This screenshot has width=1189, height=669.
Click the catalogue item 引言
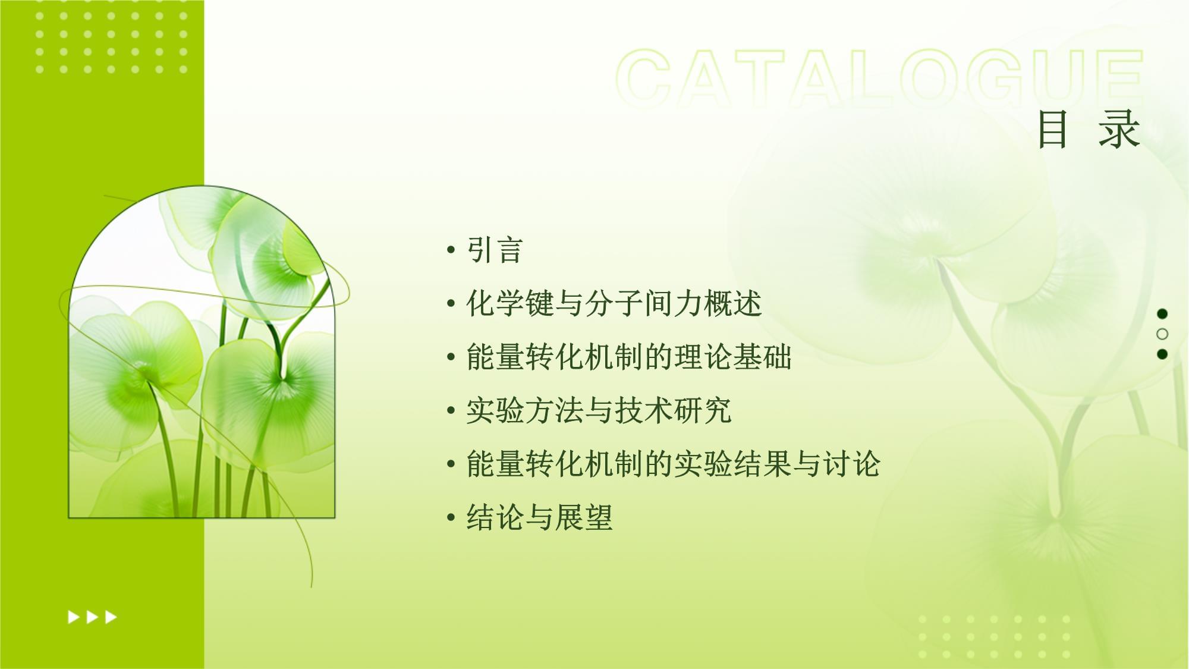(x=495, y=250)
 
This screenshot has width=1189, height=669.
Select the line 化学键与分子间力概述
(x=614, y=303)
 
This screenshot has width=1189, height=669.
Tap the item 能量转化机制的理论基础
(x=629, y=357)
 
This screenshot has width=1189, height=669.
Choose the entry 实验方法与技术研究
(x=599, y=410)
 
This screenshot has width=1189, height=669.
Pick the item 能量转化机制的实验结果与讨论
(x=673, y=464)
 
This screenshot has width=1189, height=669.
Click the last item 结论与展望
(x=539, y=517)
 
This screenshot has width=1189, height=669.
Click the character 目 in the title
(x=1052, y=129)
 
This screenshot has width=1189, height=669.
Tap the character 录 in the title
(x=1119, y=129)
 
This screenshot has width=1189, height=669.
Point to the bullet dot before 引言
(x=451, y=250)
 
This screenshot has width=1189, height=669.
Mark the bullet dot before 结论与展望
(x=451, y=518)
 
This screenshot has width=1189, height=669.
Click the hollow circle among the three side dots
(x=1162, y=334)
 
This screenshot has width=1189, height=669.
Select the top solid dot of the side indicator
(x=1162, y=313)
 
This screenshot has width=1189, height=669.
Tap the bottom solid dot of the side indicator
(x=1162, y=354)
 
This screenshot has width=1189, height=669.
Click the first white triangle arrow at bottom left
(x=74, y=617)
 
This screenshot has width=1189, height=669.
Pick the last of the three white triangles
(x=111, y=617)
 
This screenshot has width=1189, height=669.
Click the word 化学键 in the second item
(x=510, y=303)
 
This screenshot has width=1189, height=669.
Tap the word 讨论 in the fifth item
(x=851, y=464)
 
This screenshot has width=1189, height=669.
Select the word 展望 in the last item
(x=584, y=517)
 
